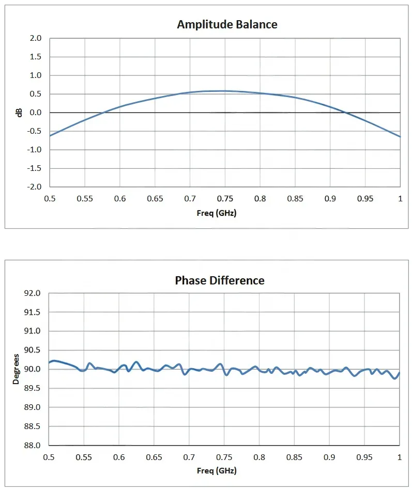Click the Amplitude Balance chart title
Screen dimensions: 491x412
(227, 24)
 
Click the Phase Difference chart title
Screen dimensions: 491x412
(220, 280)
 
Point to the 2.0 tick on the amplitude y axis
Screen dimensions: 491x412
(35, 38)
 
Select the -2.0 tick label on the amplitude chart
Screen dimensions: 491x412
(34, 186)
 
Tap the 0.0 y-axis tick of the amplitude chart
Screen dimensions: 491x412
(35, 113)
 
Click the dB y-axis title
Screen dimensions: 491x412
(19, 113)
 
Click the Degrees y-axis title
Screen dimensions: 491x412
(16, 369)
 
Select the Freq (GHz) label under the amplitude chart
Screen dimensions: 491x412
(217, 213)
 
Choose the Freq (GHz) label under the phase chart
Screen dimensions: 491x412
(217, 470)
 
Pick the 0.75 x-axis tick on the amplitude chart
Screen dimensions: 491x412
(225, 199)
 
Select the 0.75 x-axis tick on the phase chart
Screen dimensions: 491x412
(224, 457)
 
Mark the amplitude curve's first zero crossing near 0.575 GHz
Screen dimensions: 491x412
(102, 113)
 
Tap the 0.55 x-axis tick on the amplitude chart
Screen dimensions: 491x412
(85, 199)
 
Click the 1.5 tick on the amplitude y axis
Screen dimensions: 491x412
(35, 57)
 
